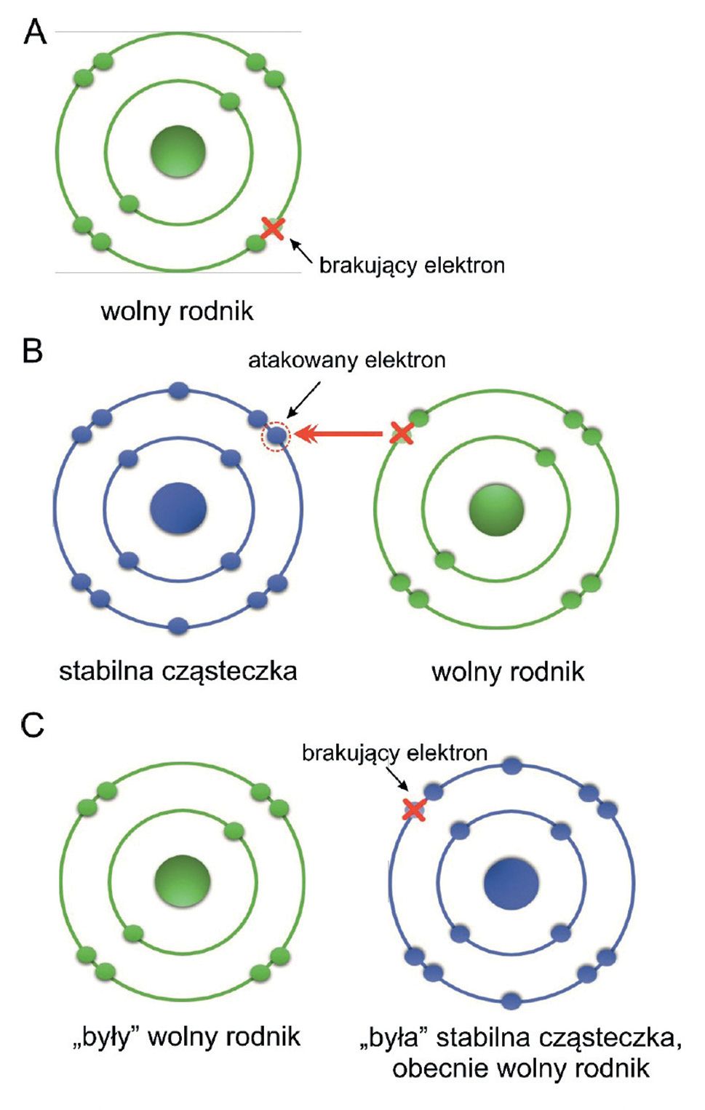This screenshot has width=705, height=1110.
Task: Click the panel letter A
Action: tap(34, 32)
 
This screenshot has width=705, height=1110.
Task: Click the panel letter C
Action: tap(33, 725)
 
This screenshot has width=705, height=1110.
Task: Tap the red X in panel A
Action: tap(272, 229)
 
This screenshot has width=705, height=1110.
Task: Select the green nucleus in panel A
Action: tap(178, 151)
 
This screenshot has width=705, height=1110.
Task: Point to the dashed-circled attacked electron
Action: tap(276, 436)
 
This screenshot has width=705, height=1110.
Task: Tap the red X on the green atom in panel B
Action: tap(401, 433)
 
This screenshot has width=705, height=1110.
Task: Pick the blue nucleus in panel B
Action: tap(178, 509)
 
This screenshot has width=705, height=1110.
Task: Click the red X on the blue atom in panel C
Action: tap(414, 808)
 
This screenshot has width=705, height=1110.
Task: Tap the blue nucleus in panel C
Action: tap(511, 883)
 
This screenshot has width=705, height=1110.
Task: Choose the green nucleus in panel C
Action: tap(182, 881)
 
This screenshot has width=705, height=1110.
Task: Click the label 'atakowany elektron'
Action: tap(346, 360)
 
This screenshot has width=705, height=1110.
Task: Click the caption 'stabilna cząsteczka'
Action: tap(178, 670)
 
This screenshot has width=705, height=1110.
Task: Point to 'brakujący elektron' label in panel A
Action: tap(412, 264)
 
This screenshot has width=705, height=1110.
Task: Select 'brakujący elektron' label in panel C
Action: tap(394, 752)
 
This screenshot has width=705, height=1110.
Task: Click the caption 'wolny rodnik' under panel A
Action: tap(177, 311)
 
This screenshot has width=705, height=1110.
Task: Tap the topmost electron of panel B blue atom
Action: tap(178, 391)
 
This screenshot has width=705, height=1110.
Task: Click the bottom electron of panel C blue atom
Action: tap(511, 1000)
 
